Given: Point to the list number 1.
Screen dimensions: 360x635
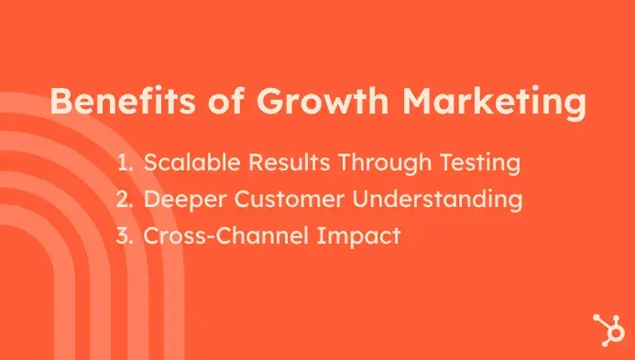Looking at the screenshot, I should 125,164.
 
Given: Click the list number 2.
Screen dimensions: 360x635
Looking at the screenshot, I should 126,200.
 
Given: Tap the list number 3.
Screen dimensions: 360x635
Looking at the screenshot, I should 126,235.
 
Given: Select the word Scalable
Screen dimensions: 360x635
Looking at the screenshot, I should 188,164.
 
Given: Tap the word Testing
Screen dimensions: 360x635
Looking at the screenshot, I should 476,165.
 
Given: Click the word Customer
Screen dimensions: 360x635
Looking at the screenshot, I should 279,200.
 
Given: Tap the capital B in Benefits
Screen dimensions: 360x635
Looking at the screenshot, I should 60,102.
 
